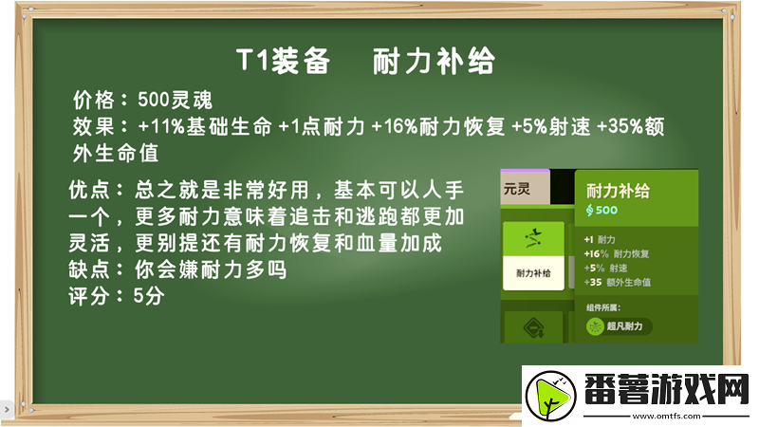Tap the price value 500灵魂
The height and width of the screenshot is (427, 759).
(x=174, y=100)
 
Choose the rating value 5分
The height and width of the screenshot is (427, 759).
(x=149, y=296)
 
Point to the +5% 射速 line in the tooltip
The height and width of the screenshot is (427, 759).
(x=611, y=268)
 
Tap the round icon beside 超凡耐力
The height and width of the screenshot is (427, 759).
(x=596, y=326)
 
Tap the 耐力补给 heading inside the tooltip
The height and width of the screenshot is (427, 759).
(x=618, y=191)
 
